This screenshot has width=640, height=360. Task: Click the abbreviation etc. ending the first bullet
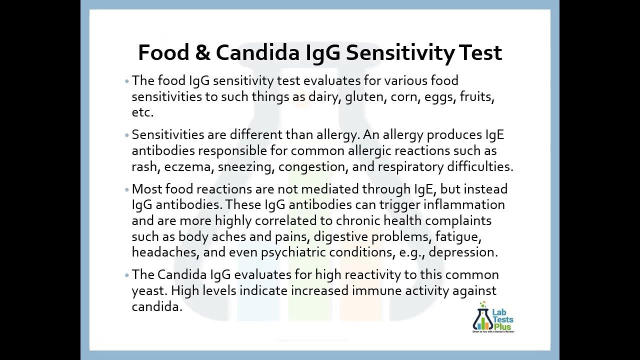(x=142, y=112)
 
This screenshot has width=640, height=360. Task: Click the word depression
(x=463, y=252)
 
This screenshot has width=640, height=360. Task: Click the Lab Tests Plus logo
(x=493, y=318)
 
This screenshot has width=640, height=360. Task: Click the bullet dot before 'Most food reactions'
(x=127, y=190)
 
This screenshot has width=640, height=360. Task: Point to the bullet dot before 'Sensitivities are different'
(x=127, y=135)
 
